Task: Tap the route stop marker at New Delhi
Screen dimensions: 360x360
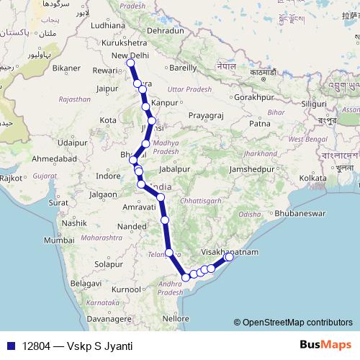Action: pyautogui.click(x=130, y=63)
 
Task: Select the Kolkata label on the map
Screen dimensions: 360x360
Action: pyautogui.click(x=313, y=177)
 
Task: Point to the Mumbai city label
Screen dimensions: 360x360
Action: pyautogui.click(x=58, y=240)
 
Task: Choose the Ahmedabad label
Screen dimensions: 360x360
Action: pyautogui.click(x=52, y=158)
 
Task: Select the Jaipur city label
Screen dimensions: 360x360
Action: pyautogui.click(x=106, y=89)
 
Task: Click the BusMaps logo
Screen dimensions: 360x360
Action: pyautogui.click(x=325, y=346)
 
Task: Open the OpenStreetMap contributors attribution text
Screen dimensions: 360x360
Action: pyautogui.click(x=297, y=323)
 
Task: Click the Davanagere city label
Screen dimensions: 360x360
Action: pyautogui.click(x=104, y=318)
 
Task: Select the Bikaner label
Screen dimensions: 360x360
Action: pyautogui.click(x=66, y=68)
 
